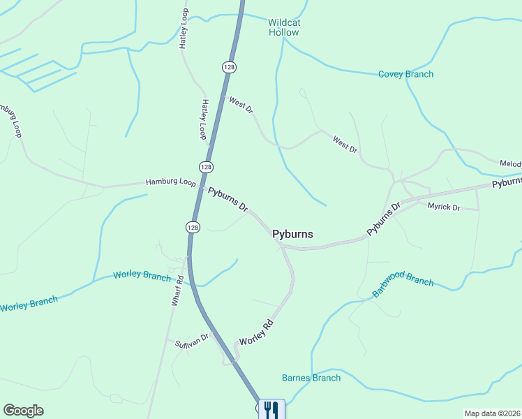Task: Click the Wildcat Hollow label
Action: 284,27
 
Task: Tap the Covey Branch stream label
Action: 405,74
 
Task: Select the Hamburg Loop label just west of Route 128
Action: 171,182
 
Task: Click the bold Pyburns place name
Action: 292,235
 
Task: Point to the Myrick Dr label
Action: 444,207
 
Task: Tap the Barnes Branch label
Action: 311,378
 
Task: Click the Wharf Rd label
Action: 178,290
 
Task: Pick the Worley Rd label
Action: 255,332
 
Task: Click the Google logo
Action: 23,411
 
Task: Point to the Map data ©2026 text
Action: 493,413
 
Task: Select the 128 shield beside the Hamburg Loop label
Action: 205,168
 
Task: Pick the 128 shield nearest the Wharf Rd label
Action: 193,228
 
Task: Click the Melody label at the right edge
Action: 510,163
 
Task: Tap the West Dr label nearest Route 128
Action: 241,105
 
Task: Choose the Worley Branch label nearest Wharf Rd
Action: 142,276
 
